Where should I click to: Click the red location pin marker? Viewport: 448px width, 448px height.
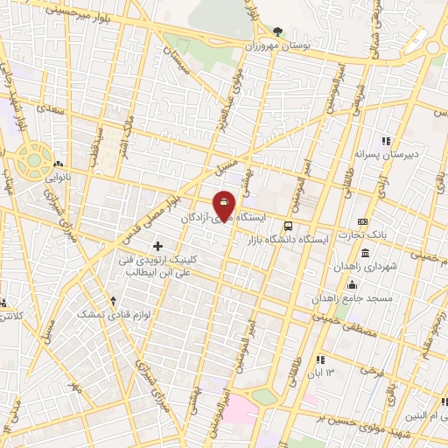point(224,206)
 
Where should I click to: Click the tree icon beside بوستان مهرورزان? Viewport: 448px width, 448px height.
point(278,31)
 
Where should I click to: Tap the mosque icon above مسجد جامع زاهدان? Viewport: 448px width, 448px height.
point(352,284)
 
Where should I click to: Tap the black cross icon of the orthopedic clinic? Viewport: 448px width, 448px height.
point(157,246)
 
